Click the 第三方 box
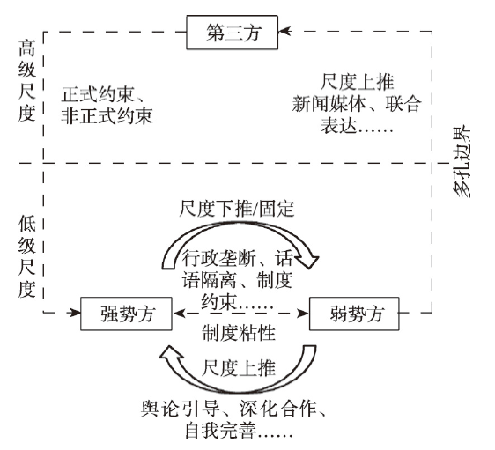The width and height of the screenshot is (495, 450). pyautogui.click(x=232, y=33)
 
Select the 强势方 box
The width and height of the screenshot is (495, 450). pyautogui.click(x=126, y=314)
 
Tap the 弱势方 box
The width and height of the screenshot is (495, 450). pyautogui.click(x=354, y=314)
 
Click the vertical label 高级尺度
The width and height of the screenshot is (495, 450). pyautogui.click(x=26, y=81)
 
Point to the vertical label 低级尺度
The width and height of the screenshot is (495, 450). pyautogui.click(x=26, y=256)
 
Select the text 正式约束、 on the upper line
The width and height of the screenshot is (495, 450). pyautogui.click(x=103, y=94)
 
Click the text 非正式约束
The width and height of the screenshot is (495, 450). pyautogui.click(x=107, y=115)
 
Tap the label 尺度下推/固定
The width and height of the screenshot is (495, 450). pyautogui.click(x=237, y=209)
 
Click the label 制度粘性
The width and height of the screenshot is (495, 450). pyautogui.click(x=239, y=333)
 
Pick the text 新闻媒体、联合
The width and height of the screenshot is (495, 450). pyautogui.click(x=357, y=104)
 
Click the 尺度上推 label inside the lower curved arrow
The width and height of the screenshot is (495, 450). pyautogui.click(x=239, y=368)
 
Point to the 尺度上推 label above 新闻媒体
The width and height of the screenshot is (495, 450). pyautogui.click(x=357, y=82)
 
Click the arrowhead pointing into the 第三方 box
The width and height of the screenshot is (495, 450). pyautogui.click(x=285, y=31)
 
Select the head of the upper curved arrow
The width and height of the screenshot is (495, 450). pyautogui.click(x=307, y=260)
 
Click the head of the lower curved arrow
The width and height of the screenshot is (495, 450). pyautogui.click(x=172, y=355)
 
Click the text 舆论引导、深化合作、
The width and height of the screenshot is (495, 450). pyautogui.click(x=233, y=409)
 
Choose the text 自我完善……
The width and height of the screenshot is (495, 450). pyautogui.click(x=239, y=431)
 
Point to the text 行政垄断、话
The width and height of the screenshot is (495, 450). pyautogui.click(x=238, y=259)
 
